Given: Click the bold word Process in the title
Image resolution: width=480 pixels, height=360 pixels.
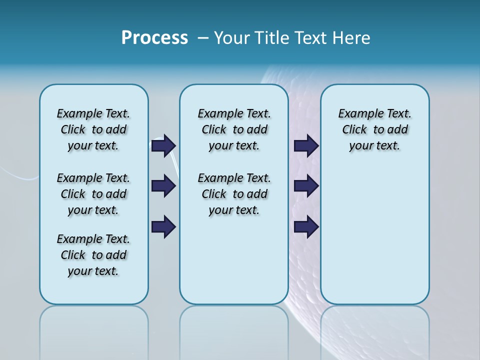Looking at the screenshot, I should [154, 38].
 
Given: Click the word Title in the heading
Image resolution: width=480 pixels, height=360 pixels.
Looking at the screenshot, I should [273, 38].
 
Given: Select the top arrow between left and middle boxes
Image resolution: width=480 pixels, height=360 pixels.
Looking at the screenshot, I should [163, 145].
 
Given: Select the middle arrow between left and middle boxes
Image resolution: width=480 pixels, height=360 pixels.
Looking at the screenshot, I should [163, 186].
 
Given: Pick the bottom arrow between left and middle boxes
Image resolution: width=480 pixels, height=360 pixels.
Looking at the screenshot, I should [163, 227].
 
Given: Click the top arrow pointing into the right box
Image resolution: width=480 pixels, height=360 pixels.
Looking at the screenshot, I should [306, 145].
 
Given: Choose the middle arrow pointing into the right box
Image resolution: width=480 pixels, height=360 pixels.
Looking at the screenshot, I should [306, 186].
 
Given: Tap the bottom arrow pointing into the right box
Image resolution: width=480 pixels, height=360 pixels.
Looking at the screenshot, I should [306, 227].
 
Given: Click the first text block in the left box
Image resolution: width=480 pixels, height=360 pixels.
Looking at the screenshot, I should [93, 129].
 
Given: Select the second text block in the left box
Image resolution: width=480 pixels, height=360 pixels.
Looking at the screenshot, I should [93, 194].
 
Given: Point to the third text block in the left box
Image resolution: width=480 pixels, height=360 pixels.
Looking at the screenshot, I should [93, 255].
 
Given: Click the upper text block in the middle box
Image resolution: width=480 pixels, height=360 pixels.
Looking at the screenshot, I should [234, 129].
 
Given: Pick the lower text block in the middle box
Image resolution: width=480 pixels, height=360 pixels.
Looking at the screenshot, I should [234, 194].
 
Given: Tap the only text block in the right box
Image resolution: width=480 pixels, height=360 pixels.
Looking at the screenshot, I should [374, 129].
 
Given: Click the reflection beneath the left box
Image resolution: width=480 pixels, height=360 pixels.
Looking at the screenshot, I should [94, 330].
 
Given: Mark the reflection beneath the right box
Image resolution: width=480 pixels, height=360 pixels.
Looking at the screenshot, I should [374, 330].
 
